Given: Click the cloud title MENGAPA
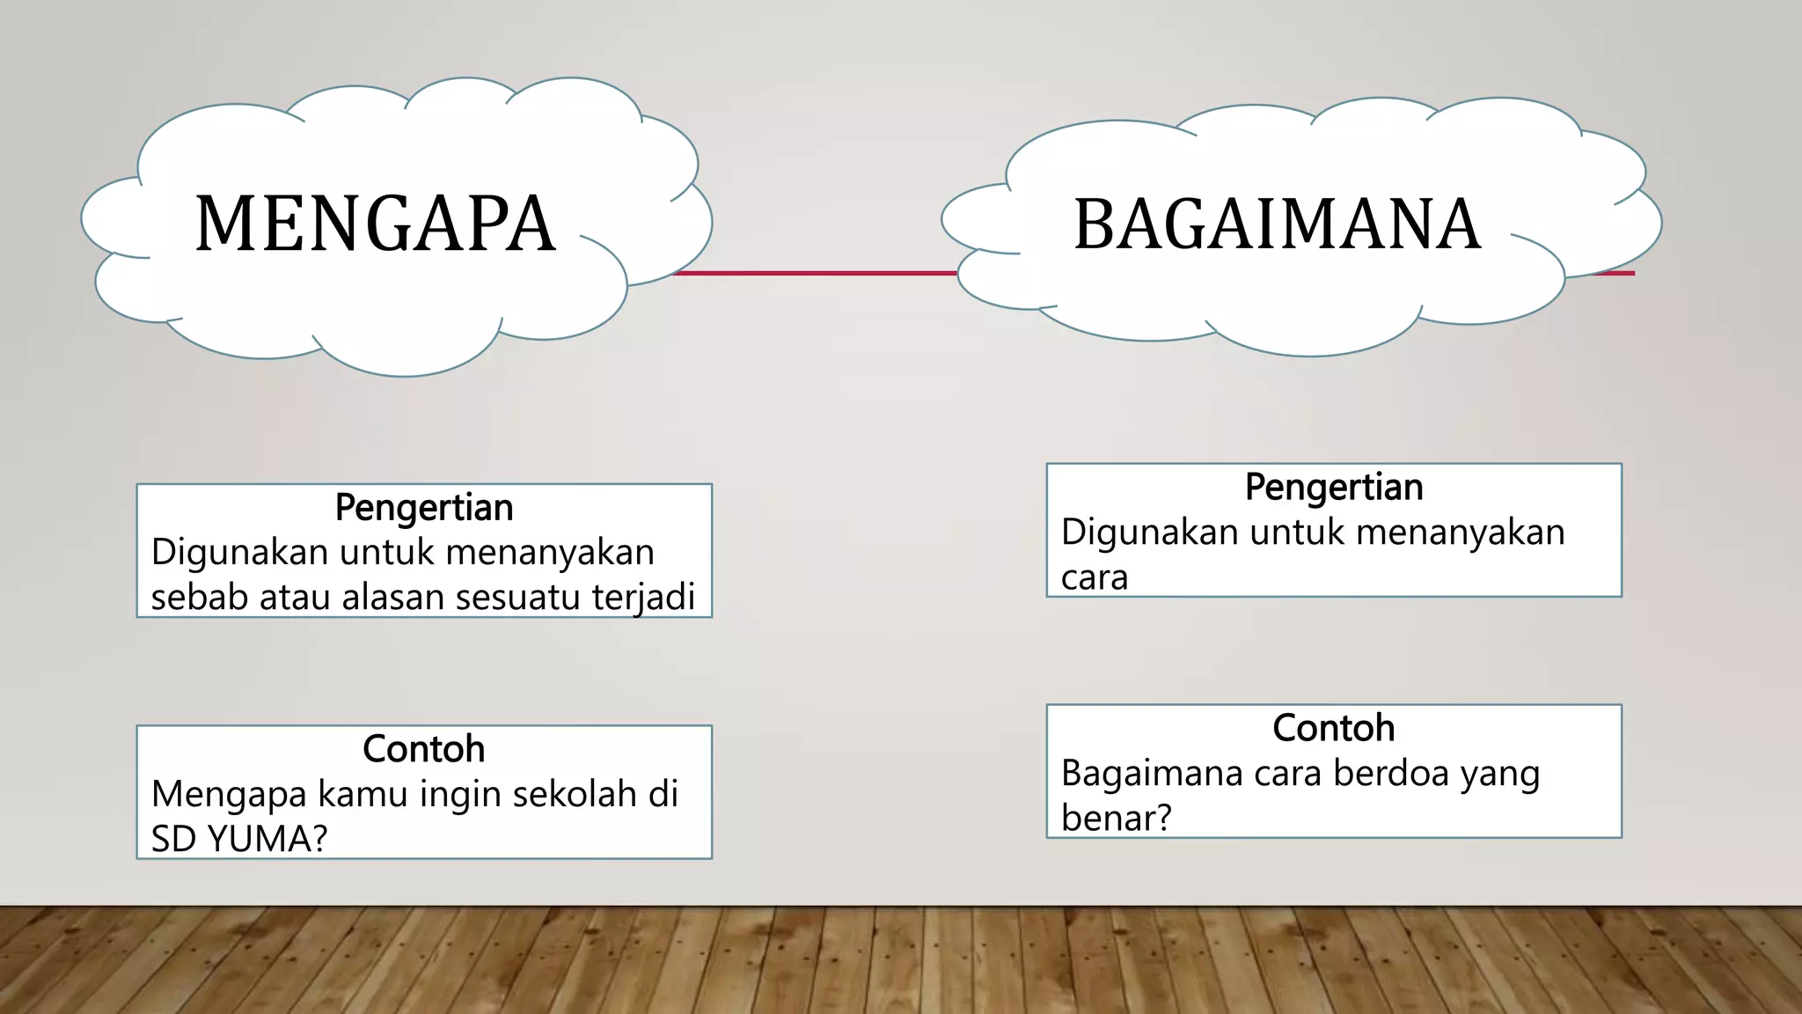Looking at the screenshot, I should click(375, 224).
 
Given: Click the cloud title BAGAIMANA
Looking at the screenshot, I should click(1278, 225).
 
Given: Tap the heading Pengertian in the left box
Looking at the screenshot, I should click(424, 508).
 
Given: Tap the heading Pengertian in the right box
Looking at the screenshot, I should click(1334, 488).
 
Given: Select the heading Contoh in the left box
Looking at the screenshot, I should click(424, 749).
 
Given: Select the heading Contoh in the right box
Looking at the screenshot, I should click(1334, 729).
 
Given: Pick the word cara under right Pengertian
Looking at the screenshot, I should click(1094, 578).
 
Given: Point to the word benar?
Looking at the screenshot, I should click(1116, 819).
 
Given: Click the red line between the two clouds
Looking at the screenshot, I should click(814, 273).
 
